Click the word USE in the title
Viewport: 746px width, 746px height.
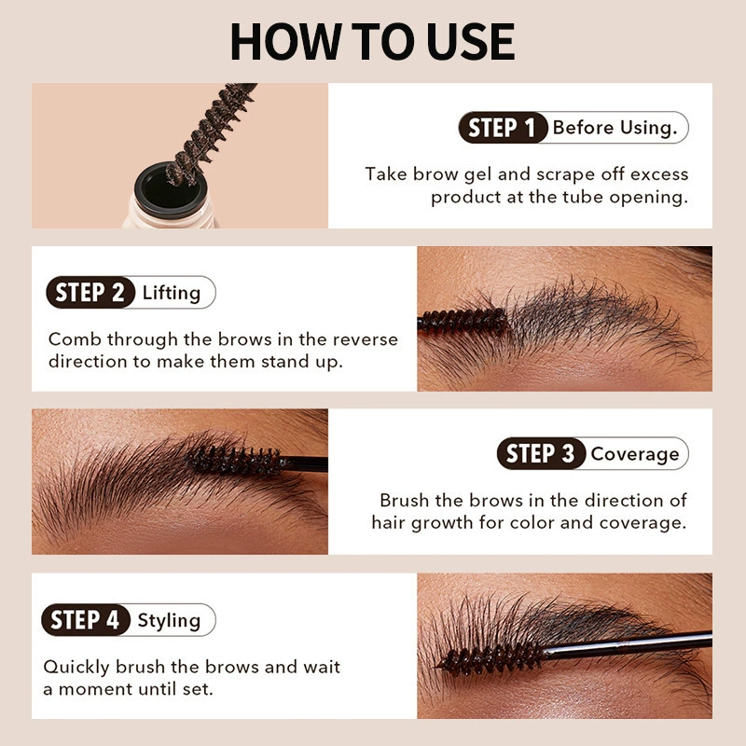(x=470, y=41)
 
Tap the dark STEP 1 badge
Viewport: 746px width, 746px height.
(x=503, y=128)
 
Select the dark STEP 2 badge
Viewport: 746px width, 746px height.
(x=90, y=292)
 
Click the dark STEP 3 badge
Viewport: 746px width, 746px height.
(x=541, y=453)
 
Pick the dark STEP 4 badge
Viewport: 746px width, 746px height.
(x=86, y=620)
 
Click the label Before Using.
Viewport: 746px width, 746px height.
(x=615, y=128)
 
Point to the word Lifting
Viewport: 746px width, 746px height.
(x=172, y=293)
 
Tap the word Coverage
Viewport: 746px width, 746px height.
(x=635, y=454)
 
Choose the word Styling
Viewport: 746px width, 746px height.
(x=169, y=621)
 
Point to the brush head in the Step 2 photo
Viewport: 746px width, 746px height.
(x=463, y=321)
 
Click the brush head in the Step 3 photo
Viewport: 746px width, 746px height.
(x=233, y=460)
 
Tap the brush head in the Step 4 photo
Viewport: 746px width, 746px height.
(x=490, y=658)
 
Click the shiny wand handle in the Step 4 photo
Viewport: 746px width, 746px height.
(x=627, y=644)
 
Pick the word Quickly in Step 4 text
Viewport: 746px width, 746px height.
(x=76, y=668)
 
